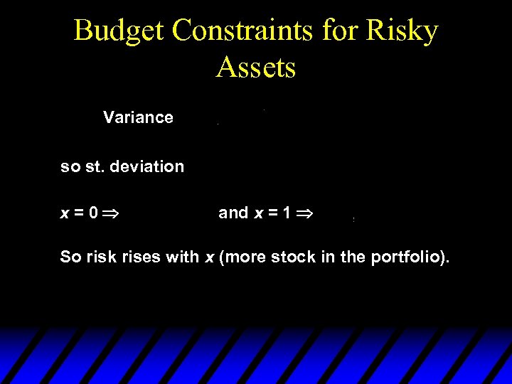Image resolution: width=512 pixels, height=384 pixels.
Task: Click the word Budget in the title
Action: click(x=119, y=31)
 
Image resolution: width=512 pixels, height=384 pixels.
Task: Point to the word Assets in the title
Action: click(x=256, y=68)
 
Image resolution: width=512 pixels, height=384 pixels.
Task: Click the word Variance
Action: click(x=138, y=117)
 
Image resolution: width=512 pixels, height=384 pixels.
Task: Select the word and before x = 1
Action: click(x=233, y=213)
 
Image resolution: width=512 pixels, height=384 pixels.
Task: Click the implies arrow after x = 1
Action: click(x=306, y=213)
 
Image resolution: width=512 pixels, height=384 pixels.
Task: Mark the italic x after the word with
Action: click(x=210, y=257)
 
